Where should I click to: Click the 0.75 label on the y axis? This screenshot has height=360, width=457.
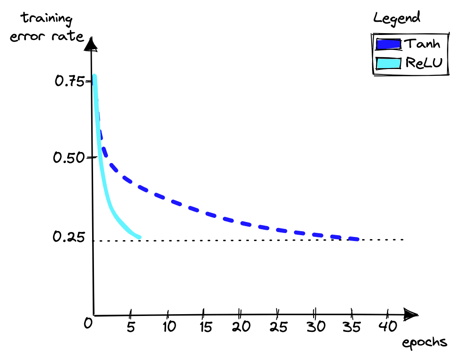(x=68, y=81)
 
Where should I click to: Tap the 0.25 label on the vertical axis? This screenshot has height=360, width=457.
(x=68, y=237)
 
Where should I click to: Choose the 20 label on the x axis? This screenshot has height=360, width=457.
(x=240, y=326)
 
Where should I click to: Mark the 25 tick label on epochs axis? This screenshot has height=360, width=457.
(x=277, y=326)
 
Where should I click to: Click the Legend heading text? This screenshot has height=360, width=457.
(x=396, y=18)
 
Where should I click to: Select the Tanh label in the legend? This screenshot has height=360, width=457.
(x=422, y=44)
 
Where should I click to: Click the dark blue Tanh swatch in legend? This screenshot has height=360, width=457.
(x=388, y=44)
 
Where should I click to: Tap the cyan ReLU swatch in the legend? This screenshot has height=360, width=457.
(x=388, y=63)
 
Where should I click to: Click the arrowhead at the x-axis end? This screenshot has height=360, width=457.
(x=411, y=314)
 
